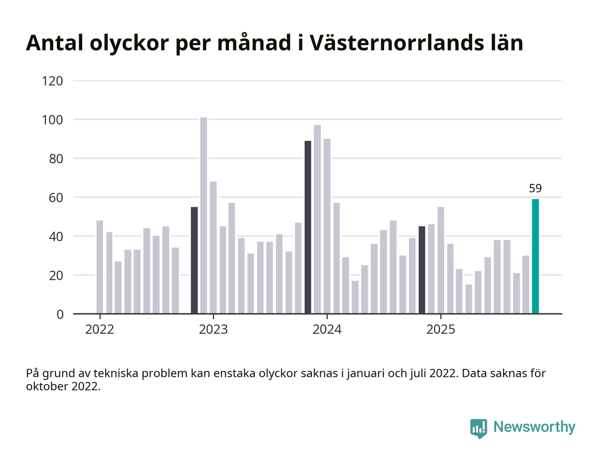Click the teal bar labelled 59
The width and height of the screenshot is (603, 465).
[535, 256]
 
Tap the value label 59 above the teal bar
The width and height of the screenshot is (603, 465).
[535, 189]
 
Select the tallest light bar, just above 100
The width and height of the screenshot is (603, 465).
[204, 215]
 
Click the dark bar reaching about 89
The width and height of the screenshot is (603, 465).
[308, 227]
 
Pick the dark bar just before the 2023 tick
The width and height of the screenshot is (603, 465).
[194, 260]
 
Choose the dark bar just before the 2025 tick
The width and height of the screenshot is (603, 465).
[422, 270]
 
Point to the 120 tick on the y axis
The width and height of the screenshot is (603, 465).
[53, 81]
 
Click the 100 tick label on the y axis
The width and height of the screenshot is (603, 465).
[53, 120]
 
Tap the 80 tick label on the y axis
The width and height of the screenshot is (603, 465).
[56, 159]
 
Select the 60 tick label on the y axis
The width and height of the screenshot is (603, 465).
[56, 198]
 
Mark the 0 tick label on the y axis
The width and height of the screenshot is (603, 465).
[60, 314]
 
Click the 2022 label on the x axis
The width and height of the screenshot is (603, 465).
[99, 330]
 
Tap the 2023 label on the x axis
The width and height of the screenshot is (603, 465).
[213, 330]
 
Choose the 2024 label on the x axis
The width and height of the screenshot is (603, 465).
[327, 330]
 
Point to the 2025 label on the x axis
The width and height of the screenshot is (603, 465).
[441, 330]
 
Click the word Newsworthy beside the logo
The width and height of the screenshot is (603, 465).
[534, 427]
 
